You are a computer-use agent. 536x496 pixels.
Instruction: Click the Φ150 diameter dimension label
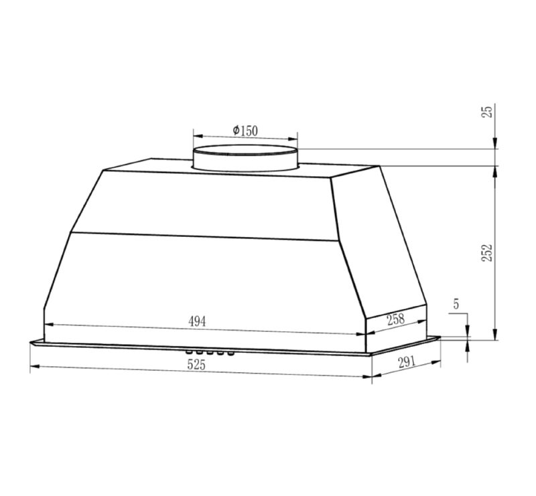pos(245,131)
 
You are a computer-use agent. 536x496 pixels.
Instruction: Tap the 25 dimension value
pos(488,112)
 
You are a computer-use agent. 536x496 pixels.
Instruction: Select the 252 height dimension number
pos(487,253)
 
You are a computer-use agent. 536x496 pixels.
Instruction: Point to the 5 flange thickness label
pos(456,304)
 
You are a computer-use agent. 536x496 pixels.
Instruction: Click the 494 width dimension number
pos(197,321)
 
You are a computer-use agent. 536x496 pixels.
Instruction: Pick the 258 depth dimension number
pos(395,319)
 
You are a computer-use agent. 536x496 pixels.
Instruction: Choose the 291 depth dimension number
pos(407,361)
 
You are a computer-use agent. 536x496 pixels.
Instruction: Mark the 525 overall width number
pos(196,365)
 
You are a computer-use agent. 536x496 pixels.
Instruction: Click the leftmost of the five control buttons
pos(188,351)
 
